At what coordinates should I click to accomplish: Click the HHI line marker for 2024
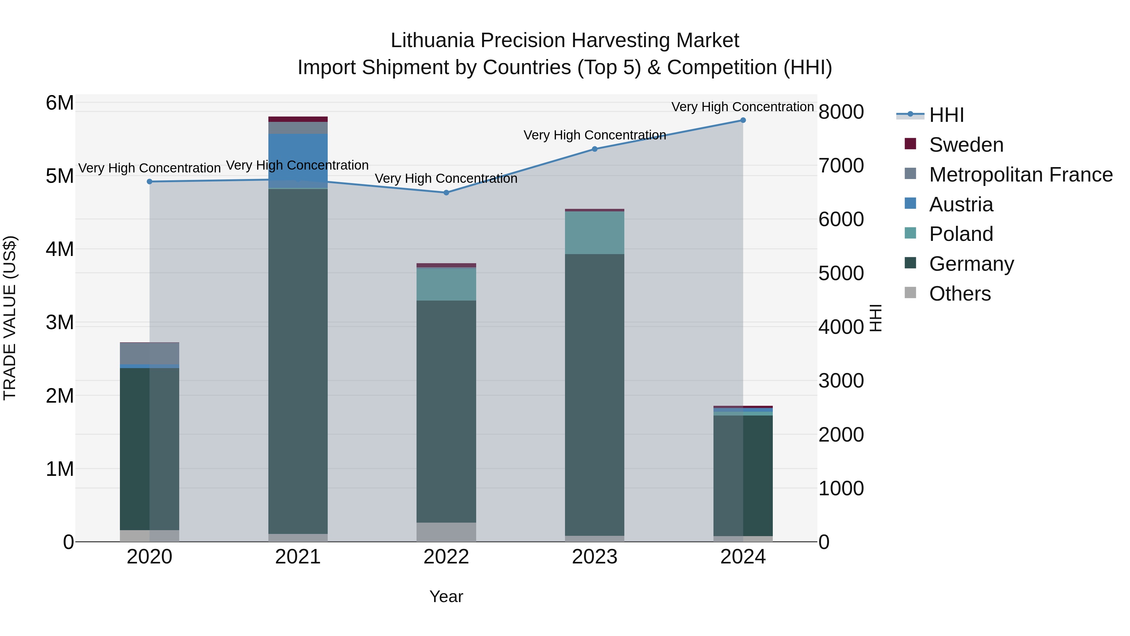pos(743,120)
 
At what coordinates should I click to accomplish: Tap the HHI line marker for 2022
pos(446,193)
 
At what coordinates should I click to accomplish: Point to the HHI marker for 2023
pos(595,149)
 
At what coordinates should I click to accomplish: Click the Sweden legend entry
pos(966,145)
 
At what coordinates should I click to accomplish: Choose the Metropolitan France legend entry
pos(1020,175)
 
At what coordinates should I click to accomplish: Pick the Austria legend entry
pos(961,204)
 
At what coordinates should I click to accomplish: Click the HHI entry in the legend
pos(946,115)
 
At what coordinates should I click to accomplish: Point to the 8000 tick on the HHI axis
pos(841,112)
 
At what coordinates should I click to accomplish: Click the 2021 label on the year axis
pos(298,557)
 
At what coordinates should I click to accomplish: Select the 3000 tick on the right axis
pos(841,381)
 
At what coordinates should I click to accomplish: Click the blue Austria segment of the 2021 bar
pos(298,160)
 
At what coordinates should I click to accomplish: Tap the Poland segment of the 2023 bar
pos(595,233)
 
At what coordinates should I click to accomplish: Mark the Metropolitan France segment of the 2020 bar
pos(150,353)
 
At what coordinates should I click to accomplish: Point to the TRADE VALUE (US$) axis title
pos(10,318)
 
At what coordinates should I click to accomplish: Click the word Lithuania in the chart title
pos(433,41)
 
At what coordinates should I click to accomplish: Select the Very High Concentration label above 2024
pos(742,107)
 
